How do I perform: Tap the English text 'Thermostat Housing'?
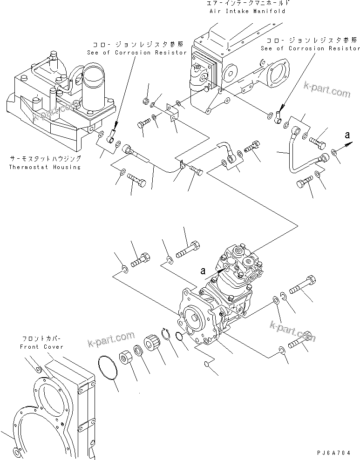tap(45, 167)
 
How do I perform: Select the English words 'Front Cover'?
tap(41, 347)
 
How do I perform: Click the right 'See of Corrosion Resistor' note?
tap(310, 48)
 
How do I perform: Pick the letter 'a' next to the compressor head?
tap(202, 270)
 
